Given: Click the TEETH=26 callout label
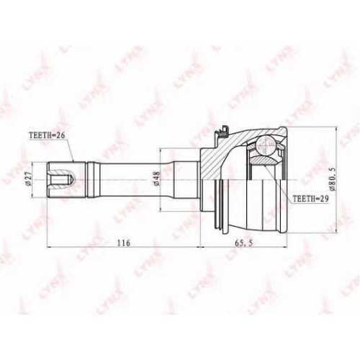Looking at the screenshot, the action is [x=47, y=135].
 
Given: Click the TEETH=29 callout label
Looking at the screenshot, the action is [x=310, y=198].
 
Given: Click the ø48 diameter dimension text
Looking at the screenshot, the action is [x=156, y=180].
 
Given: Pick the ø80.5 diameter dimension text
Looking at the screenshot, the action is [x=333, y=180].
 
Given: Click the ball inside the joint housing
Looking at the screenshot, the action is [x=265, y=145].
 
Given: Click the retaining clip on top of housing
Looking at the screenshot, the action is [x=222, y=132].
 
